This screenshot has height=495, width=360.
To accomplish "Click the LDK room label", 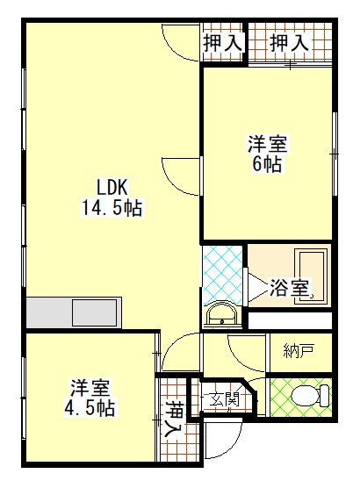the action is tap(112, 188).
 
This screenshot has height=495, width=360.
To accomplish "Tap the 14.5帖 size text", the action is tap(112, 208).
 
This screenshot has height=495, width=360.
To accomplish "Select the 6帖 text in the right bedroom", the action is tap(267, 163).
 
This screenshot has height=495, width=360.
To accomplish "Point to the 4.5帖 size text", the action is tap(90, 408).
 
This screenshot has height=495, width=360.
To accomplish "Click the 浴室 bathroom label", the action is tap(288, 288).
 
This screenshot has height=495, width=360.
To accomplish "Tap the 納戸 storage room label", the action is tap(299, 351).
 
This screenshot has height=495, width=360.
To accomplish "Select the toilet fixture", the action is tap(309, 396).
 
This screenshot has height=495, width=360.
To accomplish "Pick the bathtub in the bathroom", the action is tap(311, 276).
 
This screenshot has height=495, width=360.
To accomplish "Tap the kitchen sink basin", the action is tap(94, 312).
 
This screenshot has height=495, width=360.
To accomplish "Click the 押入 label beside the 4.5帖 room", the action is tap(173, 420).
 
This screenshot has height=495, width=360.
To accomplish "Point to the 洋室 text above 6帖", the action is tap(267, 144).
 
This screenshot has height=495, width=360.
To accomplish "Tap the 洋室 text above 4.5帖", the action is tap(90, 388).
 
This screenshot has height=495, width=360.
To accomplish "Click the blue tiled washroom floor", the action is tap(223, 274).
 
